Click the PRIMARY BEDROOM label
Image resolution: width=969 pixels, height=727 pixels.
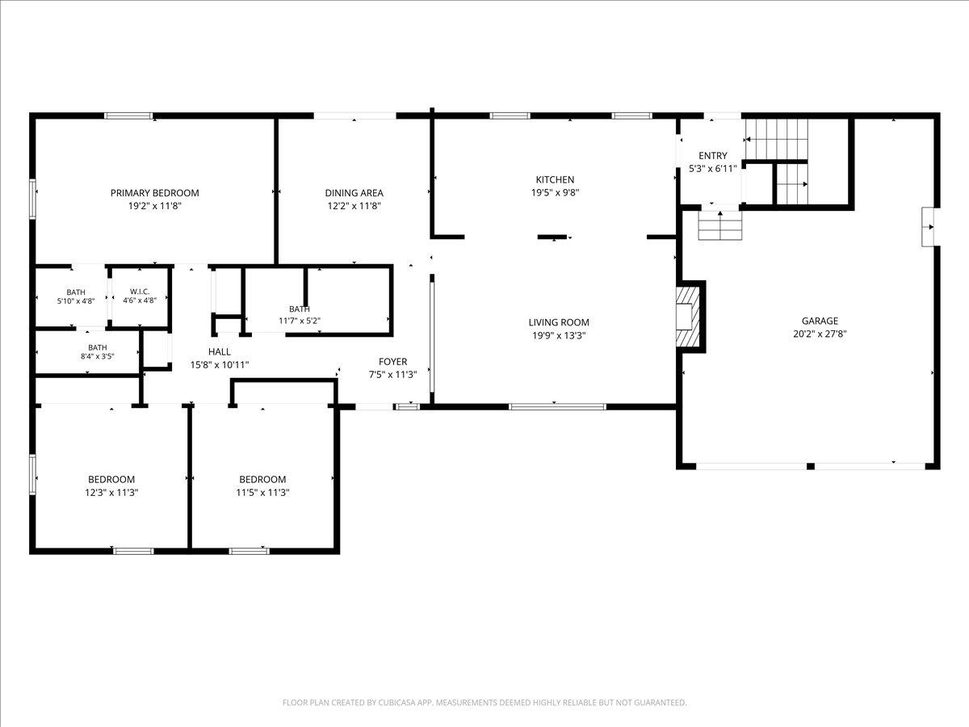[154, 193]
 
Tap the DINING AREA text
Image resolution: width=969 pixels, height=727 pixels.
[354, 193]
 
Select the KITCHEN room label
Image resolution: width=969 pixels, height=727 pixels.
[555, 179]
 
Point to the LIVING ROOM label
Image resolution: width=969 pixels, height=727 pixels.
[559, 322]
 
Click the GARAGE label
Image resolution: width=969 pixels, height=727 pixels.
[820, 321]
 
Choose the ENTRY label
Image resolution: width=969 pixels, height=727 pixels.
[713, 156]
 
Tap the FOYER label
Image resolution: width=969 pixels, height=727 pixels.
[393, 362]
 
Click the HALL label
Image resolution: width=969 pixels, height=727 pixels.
[220, 352]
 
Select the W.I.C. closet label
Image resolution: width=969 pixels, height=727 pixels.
[140, 292]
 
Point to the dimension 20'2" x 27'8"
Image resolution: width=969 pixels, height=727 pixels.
[820, 334]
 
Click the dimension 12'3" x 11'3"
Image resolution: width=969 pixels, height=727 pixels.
[111, 493]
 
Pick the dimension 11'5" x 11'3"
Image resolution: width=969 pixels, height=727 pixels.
[262, 493]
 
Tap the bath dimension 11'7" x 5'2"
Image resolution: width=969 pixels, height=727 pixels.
[300, 321]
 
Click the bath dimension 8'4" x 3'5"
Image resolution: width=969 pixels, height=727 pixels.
[97, 356]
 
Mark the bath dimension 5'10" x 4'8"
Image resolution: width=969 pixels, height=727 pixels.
[76, 301]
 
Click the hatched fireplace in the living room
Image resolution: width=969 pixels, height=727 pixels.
[688, 317]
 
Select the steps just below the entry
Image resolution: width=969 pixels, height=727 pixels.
[720, 225]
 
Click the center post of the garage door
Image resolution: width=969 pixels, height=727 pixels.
[811, 467]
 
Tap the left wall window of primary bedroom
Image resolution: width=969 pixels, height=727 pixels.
[32, 199]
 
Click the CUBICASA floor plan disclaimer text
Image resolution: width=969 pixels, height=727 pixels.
[484, 702]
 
